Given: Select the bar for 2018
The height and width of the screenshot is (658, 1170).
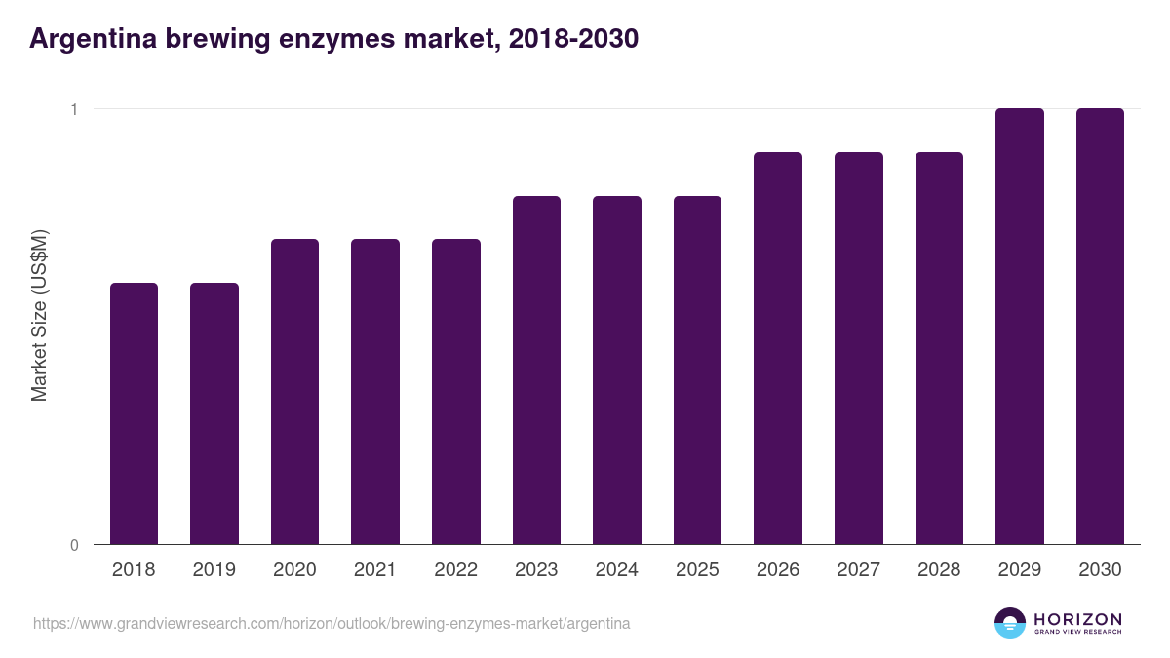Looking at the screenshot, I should [x=134, y=413].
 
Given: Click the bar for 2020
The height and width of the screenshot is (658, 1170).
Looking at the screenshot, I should [x=294, y=391].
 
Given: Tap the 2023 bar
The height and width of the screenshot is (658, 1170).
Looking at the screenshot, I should [x=536, y=369].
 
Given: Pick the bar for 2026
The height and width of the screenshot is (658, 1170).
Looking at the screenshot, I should [x=778, y=348].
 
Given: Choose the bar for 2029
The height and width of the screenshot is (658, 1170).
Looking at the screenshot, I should [x=1019, y=326].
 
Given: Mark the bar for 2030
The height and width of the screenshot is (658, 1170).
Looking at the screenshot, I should [x=1100, y=326].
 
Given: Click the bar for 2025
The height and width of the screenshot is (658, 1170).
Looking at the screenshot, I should [x=697, y=369].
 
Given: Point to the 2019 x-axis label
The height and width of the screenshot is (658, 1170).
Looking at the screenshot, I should [x=214, y=570].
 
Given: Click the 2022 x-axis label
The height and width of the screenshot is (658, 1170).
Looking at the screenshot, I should [x=455, y=570].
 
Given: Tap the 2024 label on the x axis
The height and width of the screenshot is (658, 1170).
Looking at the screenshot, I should [x=616, y=570].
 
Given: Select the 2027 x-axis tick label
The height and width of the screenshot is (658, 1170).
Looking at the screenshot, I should [x=858, y=570].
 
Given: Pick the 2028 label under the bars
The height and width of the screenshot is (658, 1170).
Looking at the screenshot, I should [x=939, y=570].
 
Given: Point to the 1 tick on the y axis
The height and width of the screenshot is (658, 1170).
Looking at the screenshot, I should [x=73, y=109].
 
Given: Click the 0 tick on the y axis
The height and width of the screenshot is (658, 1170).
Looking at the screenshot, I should [x=73, y=545].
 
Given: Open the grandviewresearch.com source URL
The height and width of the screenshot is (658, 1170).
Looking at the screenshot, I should [x=331, y=623].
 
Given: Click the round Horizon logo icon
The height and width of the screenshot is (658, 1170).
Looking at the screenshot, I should [x=1010, y=623].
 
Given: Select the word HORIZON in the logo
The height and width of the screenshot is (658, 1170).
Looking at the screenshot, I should [x=1077, y=618].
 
